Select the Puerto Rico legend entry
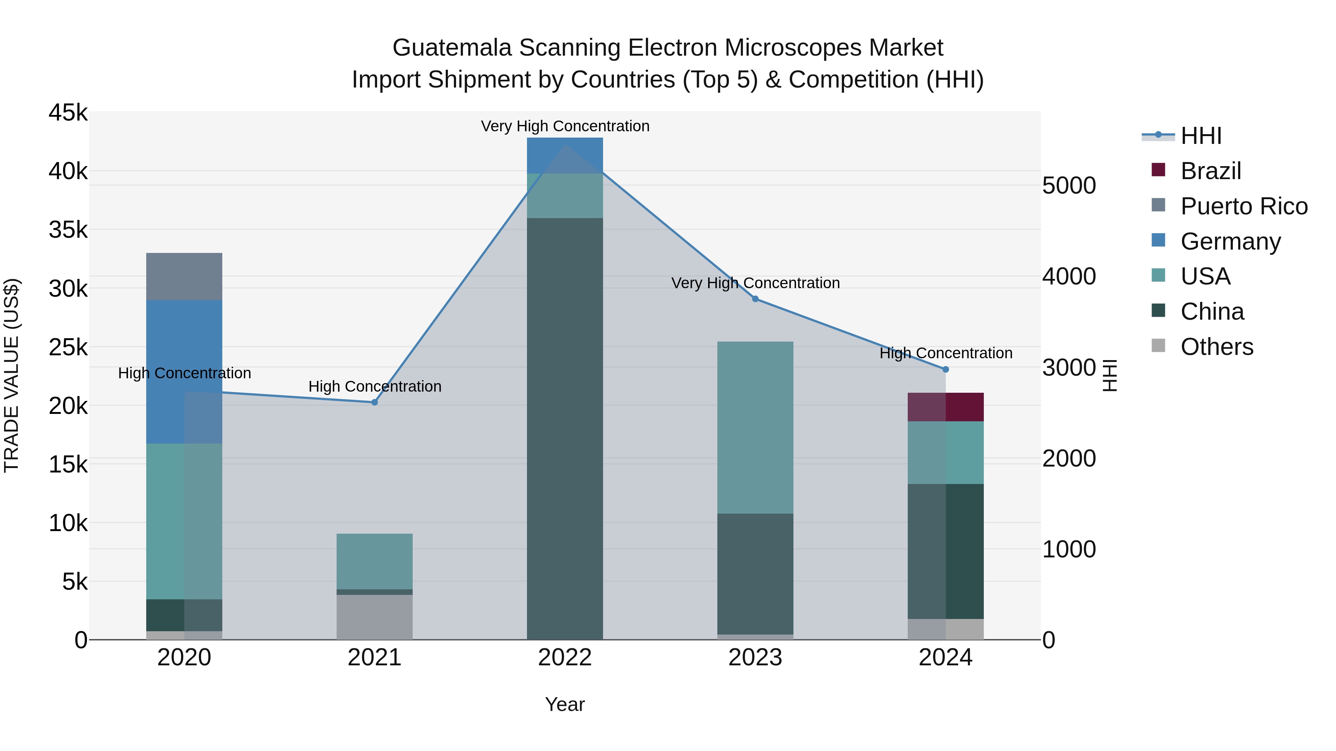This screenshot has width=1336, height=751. [1244, 206]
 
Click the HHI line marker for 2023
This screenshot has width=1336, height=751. [755, 299]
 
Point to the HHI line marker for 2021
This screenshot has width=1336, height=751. [374, 402]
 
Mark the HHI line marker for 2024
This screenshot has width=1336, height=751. [946, 369]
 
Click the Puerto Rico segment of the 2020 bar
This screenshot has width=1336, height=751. [184, 276]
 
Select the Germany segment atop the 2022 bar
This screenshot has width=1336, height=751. [565, 155]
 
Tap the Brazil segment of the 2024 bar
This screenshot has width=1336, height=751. [946, 407]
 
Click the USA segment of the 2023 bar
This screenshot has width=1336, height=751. [755, 427]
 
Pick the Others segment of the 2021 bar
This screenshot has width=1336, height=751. [374, 617]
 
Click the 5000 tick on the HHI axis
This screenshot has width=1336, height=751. [1069, 185]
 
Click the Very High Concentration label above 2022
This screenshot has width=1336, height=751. [565, 126]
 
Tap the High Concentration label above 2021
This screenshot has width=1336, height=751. [374, 387]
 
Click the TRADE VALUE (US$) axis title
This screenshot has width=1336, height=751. [12, 375]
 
